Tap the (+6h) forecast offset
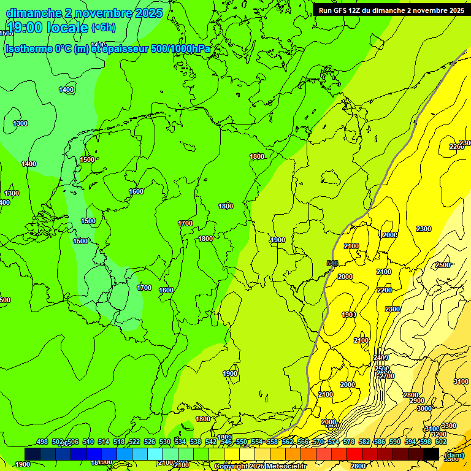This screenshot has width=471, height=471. tap(103, 28)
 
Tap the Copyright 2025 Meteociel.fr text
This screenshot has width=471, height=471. tap(261, 467)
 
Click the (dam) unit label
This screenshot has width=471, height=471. tap(453, 455)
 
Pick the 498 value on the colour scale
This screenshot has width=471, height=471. tap(42, 442)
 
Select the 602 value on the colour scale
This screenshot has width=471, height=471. tap(441, 442)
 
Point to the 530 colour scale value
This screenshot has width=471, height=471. tap(165, 442)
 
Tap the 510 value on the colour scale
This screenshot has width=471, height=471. tap(88, 442)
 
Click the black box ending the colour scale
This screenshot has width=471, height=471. tap(431, 453)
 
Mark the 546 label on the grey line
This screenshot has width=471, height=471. tap(332, 263)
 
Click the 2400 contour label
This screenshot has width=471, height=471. tap(381, 358)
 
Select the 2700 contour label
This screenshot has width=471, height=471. tap(386, 376)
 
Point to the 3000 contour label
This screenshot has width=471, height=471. tap(424, 408)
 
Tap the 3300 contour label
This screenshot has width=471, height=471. tap(448, 426)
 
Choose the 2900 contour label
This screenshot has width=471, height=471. tap(417, 400)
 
